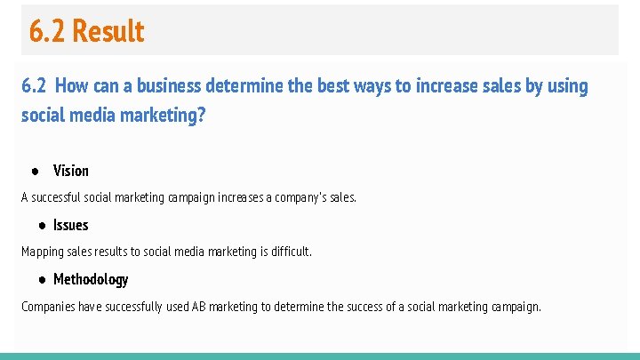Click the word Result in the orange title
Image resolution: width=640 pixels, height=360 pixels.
pos(108,31)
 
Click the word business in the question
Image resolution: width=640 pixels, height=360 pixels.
pos(169,86)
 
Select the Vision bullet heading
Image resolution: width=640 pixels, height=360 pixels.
pos(71,171)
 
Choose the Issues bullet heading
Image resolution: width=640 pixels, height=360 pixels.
pos(71,225)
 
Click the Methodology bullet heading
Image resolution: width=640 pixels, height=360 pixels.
pos(91,279)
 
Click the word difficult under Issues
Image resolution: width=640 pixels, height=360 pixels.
pos(290,252)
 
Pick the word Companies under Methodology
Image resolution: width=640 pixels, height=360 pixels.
pos(48,307)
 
